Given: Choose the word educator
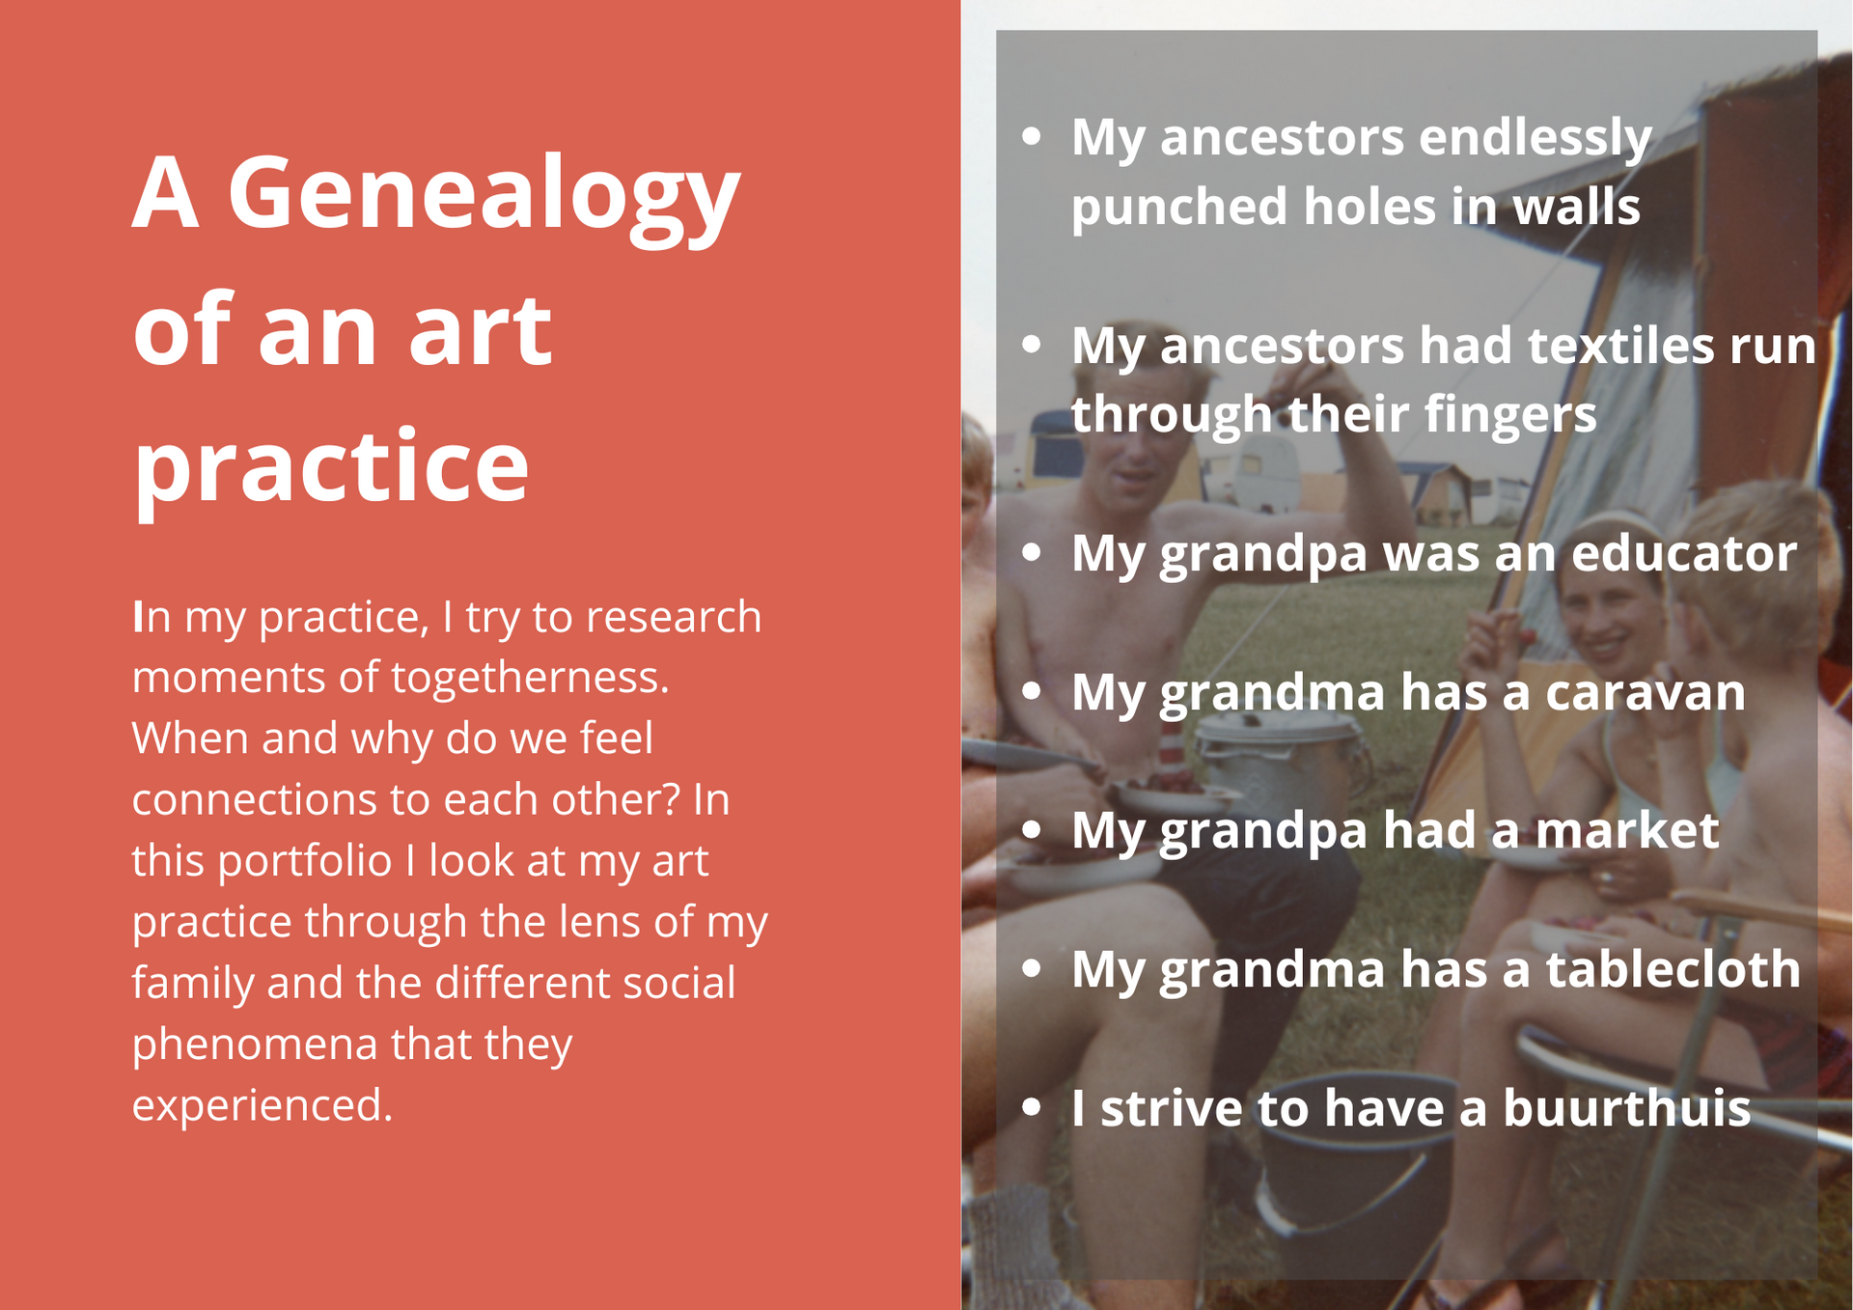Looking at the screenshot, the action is (x=1683, y=554).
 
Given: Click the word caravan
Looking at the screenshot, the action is (x=1645, y=694).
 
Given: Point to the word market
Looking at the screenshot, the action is (x=1626, y=831).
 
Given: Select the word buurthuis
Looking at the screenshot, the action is (x=1626, y=1108).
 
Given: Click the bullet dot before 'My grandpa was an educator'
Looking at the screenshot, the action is (x=1032, y=552).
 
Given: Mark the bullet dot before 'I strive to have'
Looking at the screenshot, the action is (x=1032, y=1107).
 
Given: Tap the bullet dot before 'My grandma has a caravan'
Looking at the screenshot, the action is (x=1032, y=691).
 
